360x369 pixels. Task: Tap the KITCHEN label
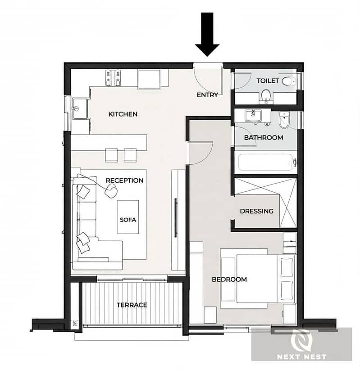[123, 114]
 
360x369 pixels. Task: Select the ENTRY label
[207, 95]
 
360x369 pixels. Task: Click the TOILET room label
[268, 81]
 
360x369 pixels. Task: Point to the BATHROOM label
[264, 137]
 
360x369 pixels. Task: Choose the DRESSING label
[256, 211]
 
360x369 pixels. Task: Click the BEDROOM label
[229, 279]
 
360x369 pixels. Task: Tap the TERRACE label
[132, 305]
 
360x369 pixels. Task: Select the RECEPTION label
[124, 180]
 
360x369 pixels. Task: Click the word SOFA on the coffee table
[128, 220]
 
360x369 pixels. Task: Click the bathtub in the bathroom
[267, 162]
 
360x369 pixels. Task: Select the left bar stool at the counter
[111, 155]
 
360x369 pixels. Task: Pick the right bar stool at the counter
[130, 155]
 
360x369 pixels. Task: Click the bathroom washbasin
[253, 116]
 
